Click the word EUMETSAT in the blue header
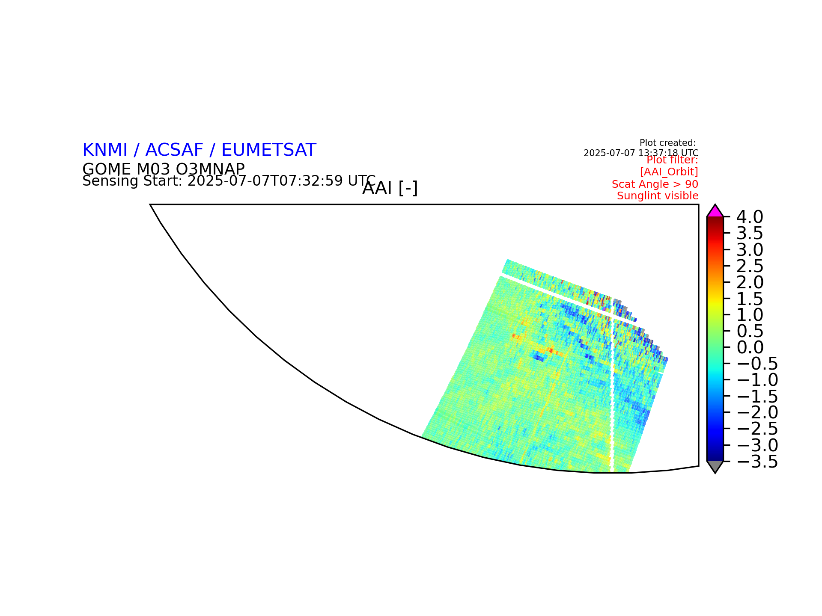(269, 150)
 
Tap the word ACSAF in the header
(174, 150)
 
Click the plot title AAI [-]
(390, 188)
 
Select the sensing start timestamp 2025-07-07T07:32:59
(265, 181)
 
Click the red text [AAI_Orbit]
(669, 172)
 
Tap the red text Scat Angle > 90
(655, 184)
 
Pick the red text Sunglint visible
(658, 196)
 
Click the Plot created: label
(668, 143)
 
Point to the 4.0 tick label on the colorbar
(750, 217)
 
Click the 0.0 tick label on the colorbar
(750, 347)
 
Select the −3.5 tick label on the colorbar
(756, 462)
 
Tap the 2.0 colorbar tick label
(750, 282)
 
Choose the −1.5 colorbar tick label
(756, 397)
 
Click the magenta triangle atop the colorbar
(715, 212)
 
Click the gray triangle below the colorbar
(715, 466)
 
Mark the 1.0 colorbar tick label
(750, 315)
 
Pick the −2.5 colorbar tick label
(756, 429)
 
